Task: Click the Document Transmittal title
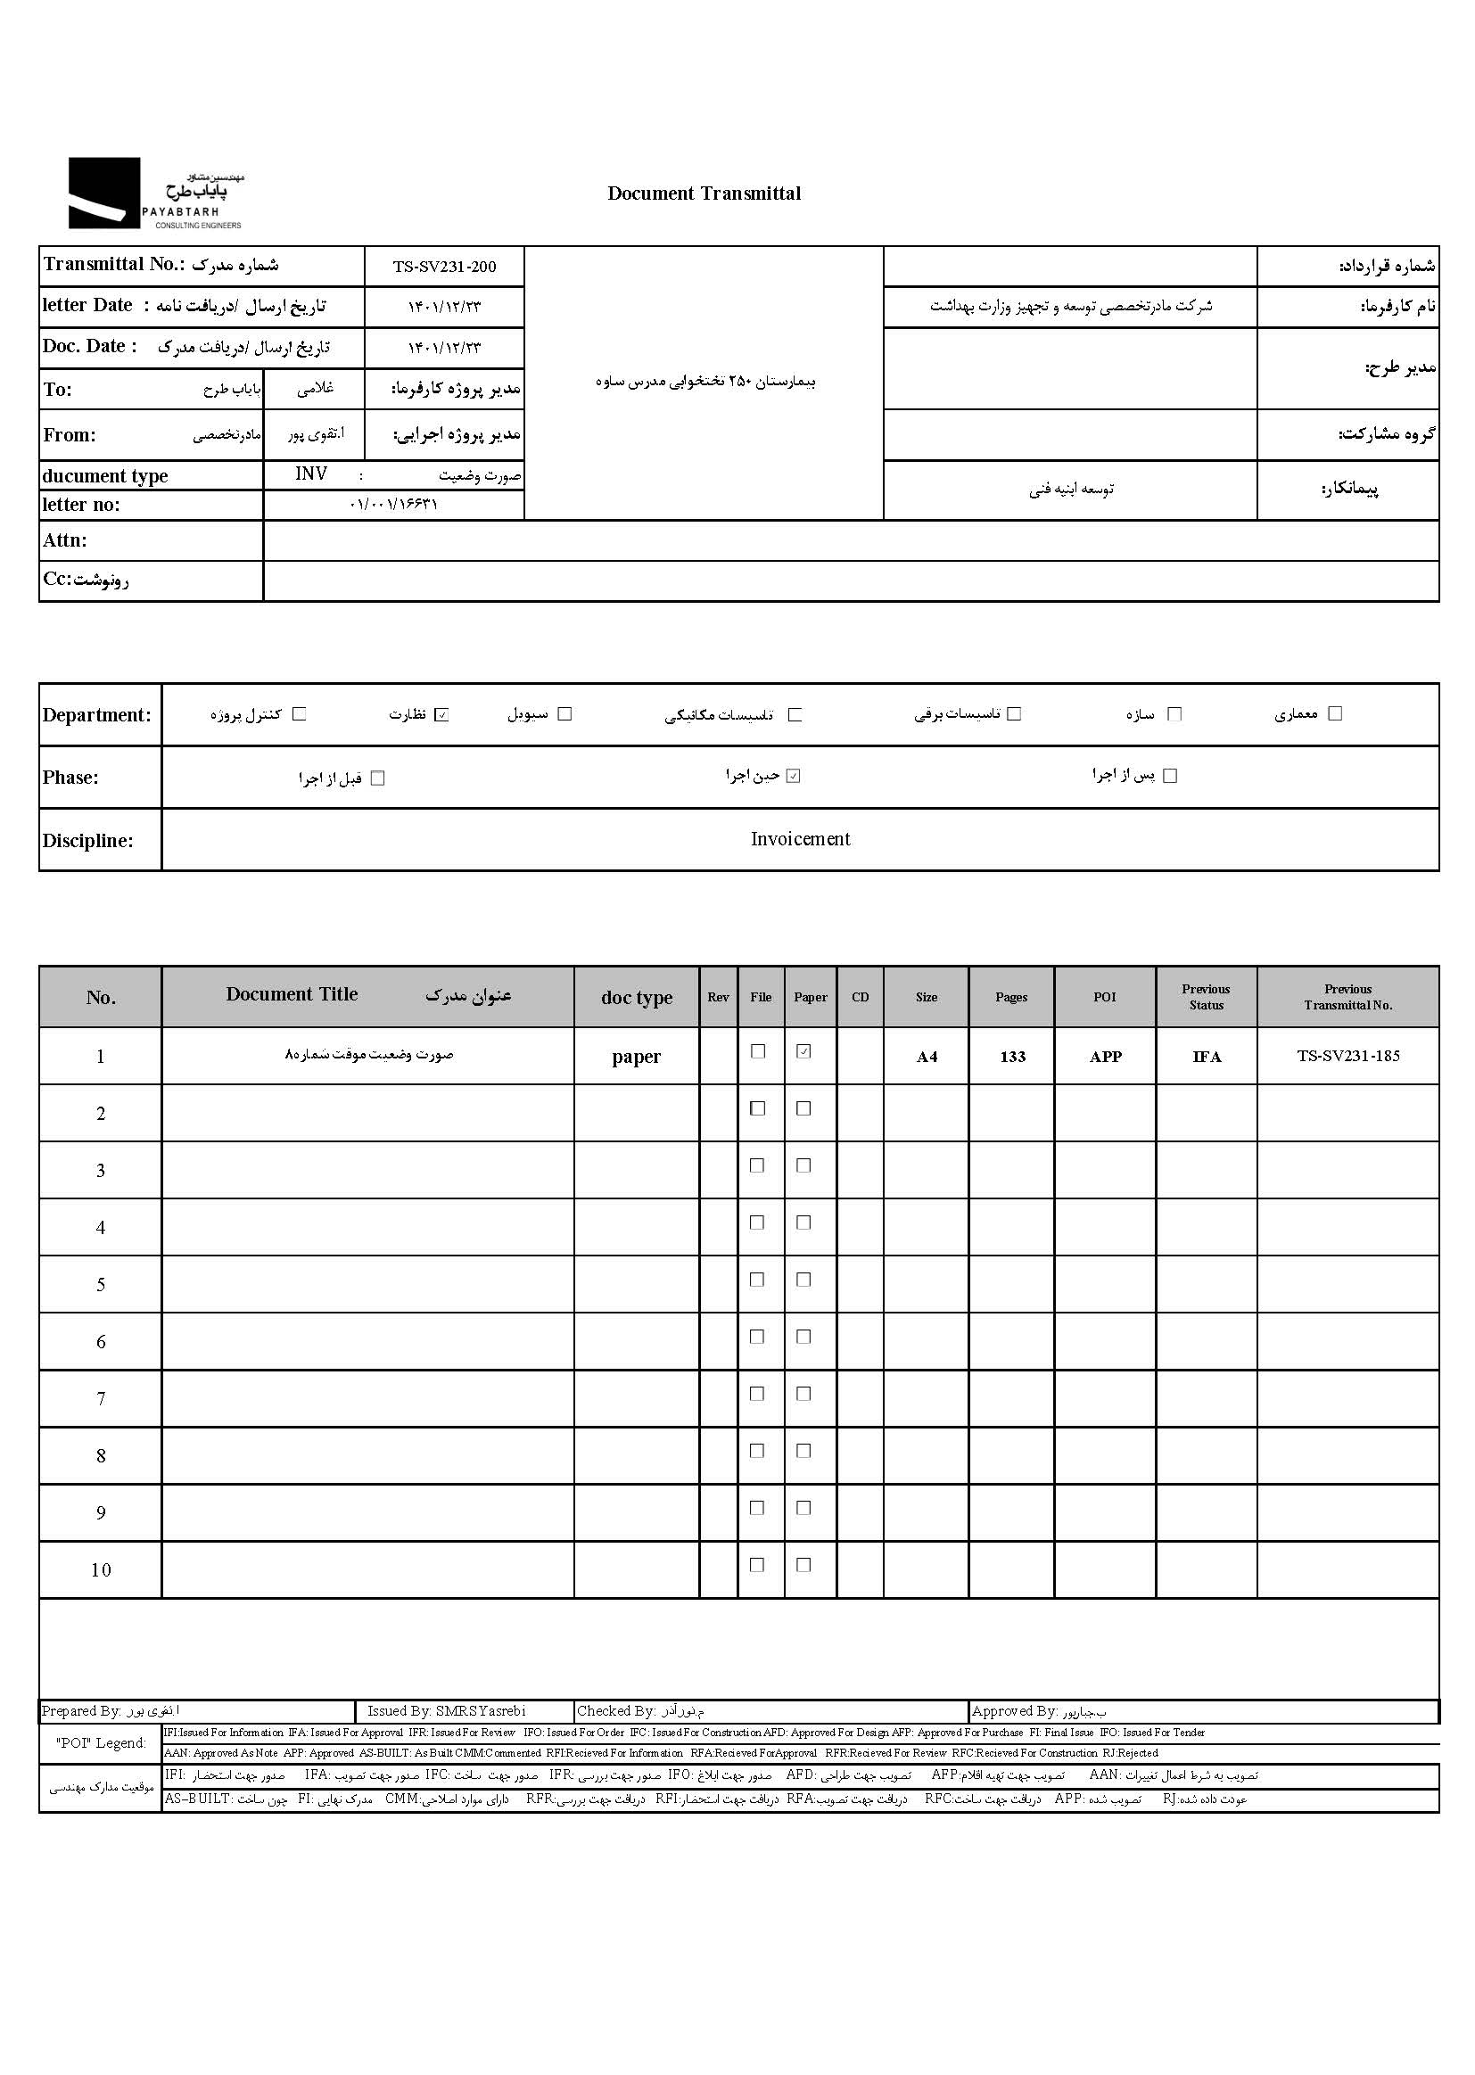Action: point(704,194)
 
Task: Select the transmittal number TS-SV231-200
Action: point(444,267)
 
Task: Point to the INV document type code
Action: point(310,474)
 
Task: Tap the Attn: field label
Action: point(65,540)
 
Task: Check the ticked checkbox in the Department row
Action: point(441,714)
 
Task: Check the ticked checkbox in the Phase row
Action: point(793,777)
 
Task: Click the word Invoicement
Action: point(800,839)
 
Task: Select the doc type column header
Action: point(637,997)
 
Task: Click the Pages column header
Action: point(1011,997)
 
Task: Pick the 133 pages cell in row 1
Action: point(1012,1057)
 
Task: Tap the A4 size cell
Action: point(927,1057)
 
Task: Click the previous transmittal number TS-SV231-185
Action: point(1347,1056)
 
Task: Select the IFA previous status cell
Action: point(1207,1057)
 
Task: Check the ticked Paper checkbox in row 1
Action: point(803,1051)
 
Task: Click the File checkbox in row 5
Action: point(757,1280)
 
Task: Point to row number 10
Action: point(101,1570)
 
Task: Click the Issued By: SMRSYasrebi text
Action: point(446,1711)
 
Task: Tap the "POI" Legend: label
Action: point(100,1742)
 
